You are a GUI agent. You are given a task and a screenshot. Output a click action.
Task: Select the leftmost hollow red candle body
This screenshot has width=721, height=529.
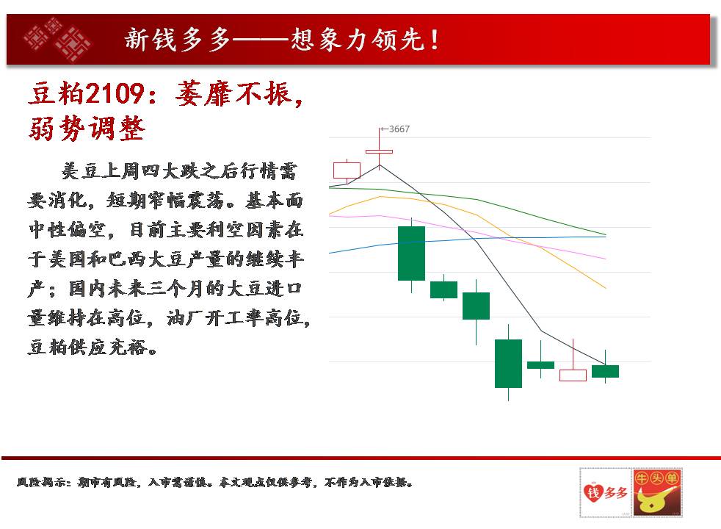coord(347,170)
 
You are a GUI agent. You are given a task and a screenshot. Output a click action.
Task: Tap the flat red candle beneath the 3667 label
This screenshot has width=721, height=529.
coord(380,151)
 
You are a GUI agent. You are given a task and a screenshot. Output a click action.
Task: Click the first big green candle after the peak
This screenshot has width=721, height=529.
coord(412,253)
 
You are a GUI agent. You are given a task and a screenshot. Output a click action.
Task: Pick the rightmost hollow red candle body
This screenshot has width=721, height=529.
coord(573,375)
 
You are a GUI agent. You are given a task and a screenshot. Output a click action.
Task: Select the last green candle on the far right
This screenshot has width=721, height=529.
coord(605,371)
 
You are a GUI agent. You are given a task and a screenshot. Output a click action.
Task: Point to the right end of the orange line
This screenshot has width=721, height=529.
coord(606,288)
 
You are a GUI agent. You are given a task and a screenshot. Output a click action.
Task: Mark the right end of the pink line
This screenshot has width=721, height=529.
coord(606,259)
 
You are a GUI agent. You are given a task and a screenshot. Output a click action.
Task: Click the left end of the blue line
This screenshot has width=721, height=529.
coord(330,253)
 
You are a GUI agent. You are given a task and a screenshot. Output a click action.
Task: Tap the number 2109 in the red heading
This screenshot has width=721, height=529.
coord(115,93)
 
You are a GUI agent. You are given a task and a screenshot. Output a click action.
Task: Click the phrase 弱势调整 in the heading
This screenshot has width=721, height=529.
coord(87,129)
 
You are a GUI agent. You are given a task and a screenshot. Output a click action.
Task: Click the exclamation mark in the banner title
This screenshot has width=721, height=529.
coord(434,39)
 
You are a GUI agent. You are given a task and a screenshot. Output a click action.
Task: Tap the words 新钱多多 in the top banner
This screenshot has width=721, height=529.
coord(178,39)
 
